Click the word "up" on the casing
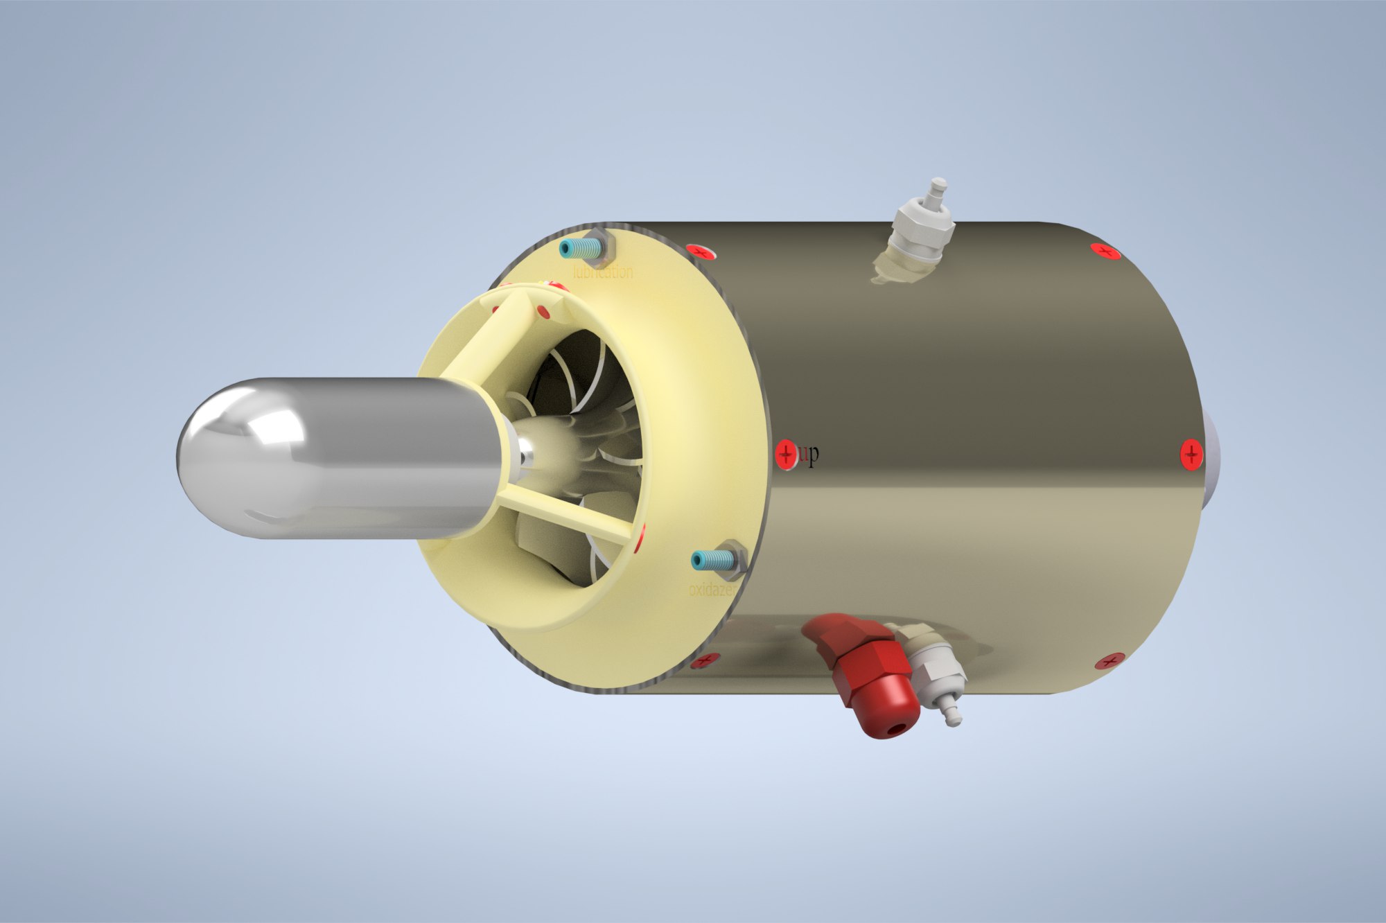[x=809, y=455]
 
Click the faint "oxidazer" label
[x=714, y=590]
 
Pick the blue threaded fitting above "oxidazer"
[x=714, y=559]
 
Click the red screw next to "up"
[x=786, y=455]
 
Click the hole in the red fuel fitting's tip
[x=899, y=728]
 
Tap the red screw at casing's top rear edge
[x=1105, y=251]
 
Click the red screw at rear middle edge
[x=1191, y=455]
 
